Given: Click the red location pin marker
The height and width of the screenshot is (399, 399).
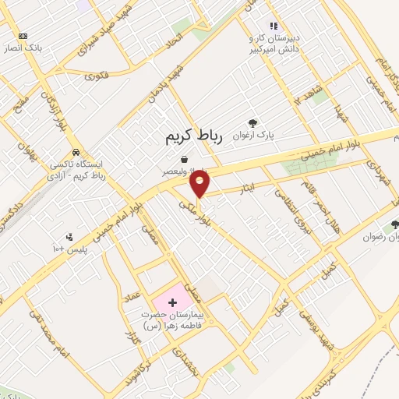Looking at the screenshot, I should [x=200, y=184].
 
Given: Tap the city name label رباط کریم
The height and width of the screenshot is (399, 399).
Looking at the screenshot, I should [x=194, y=136].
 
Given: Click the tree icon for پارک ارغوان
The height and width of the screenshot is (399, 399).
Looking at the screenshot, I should [x=252, y=122].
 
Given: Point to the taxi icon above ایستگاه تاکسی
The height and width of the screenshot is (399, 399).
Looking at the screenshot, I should [x=75, y=152].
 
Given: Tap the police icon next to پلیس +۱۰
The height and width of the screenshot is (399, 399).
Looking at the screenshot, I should [x=70, y=236].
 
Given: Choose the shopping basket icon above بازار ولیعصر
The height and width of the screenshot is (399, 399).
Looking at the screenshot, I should [x=184, y=159].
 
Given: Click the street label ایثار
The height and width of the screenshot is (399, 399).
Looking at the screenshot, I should [x=246, y=188].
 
